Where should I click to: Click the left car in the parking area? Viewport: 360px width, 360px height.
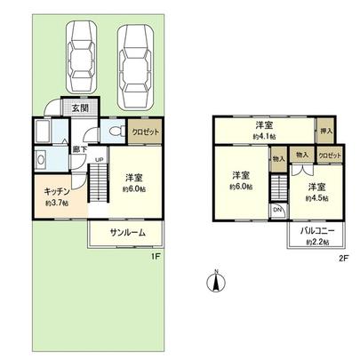click(83, 52)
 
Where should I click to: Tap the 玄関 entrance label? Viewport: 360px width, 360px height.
click(79, 108)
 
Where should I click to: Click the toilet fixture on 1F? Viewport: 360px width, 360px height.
click(112, 132)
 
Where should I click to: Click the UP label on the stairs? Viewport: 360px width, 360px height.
click(99, 161)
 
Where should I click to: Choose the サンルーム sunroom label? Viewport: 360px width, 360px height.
click(129, 234)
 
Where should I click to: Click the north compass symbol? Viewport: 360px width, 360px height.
click(213, 282)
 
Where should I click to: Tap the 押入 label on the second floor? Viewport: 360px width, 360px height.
click(325, 131)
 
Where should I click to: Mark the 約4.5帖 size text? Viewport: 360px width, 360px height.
click(316, 198)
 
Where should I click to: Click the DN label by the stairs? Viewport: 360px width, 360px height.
click(278, 210)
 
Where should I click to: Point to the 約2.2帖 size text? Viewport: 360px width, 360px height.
click(316, 243)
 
